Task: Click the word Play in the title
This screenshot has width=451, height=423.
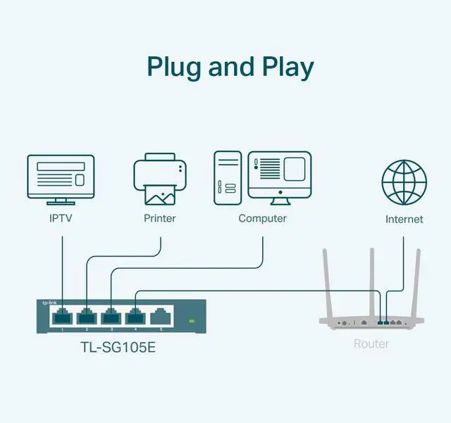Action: pos(284,67)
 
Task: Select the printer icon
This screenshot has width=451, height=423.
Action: pos(160,180)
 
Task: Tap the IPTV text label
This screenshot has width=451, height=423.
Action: pos(60,218)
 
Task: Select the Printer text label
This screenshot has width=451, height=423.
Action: pos(160,218)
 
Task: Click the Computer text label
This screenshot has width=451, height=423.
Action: pos(262,218)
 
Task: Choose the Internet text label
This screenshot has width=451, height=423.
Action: pos(404,220)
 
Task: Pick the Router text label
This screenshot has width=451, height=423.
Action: pos(371,343)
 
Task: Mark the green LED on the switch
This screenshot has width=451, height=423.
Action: pos(190,321)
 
